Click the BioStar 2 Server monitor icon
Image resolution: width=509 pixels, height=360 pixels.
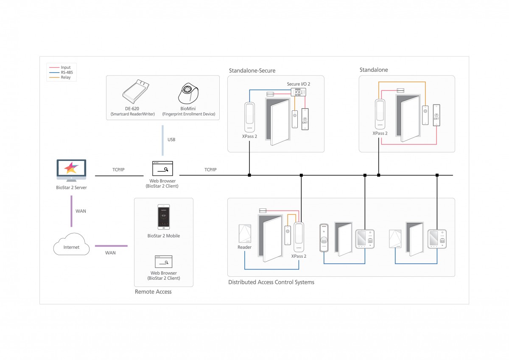(x=71, y=170)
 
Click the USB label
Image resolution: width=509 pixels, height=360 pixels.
(x=171, y=140)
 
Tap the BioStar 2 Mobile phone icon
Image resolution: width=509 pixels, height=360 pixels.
(x=164, y=217)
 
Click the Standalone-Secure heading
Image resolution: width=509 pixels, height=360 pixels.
(x=252, y=70)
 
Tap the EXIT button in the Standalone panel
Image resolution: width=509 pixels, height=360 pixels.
(x=436, y=115)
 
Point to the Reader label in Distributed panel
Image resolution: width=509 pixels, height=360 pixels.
(x=244, y=247)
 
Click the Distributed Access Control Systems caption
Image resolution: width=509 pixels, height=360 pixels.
(x=271, y=282)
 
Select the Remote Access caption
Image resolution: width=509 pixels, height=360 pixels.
(x=153, y=292)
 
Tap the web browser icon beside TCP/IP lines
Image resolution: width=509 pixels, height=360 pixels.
(x=162, y=169)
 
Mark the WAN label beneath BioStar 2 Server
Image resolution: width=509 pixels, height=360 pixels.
(x=81, y=211)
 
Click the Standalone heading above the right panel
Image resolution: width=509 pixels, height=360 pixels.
(x=374, y=70)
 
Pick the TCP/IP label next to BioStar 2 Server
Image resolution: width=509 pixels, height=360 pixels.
(x=118, y=170)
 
